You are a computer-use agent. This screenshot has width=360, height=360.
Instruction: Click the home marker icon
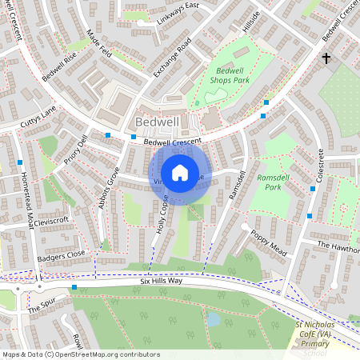180,172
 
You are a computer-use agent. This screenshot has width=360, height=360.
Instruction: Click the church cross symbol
326,58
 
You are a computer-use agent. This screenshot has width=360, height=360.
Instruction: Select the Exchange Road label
172,58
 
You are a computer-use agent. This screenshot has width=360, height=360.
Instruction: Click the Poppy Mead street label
268,234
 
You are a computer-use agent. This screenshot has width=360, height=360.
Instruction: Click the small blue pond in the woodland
214,320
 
